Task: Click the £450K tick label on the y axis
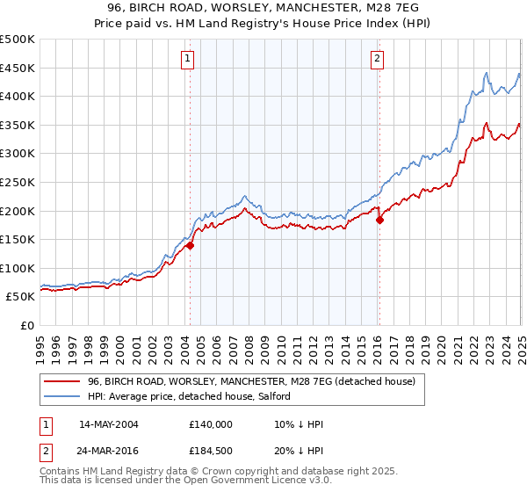18,68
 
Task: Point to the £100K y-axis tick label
18,268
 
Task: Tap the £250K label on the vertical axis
18,182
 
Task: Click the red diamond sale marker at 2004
190,246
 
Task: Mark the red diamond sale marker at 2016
379,221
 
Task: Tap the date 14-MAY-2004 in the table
109,424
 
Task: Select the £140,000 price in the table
211,424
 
